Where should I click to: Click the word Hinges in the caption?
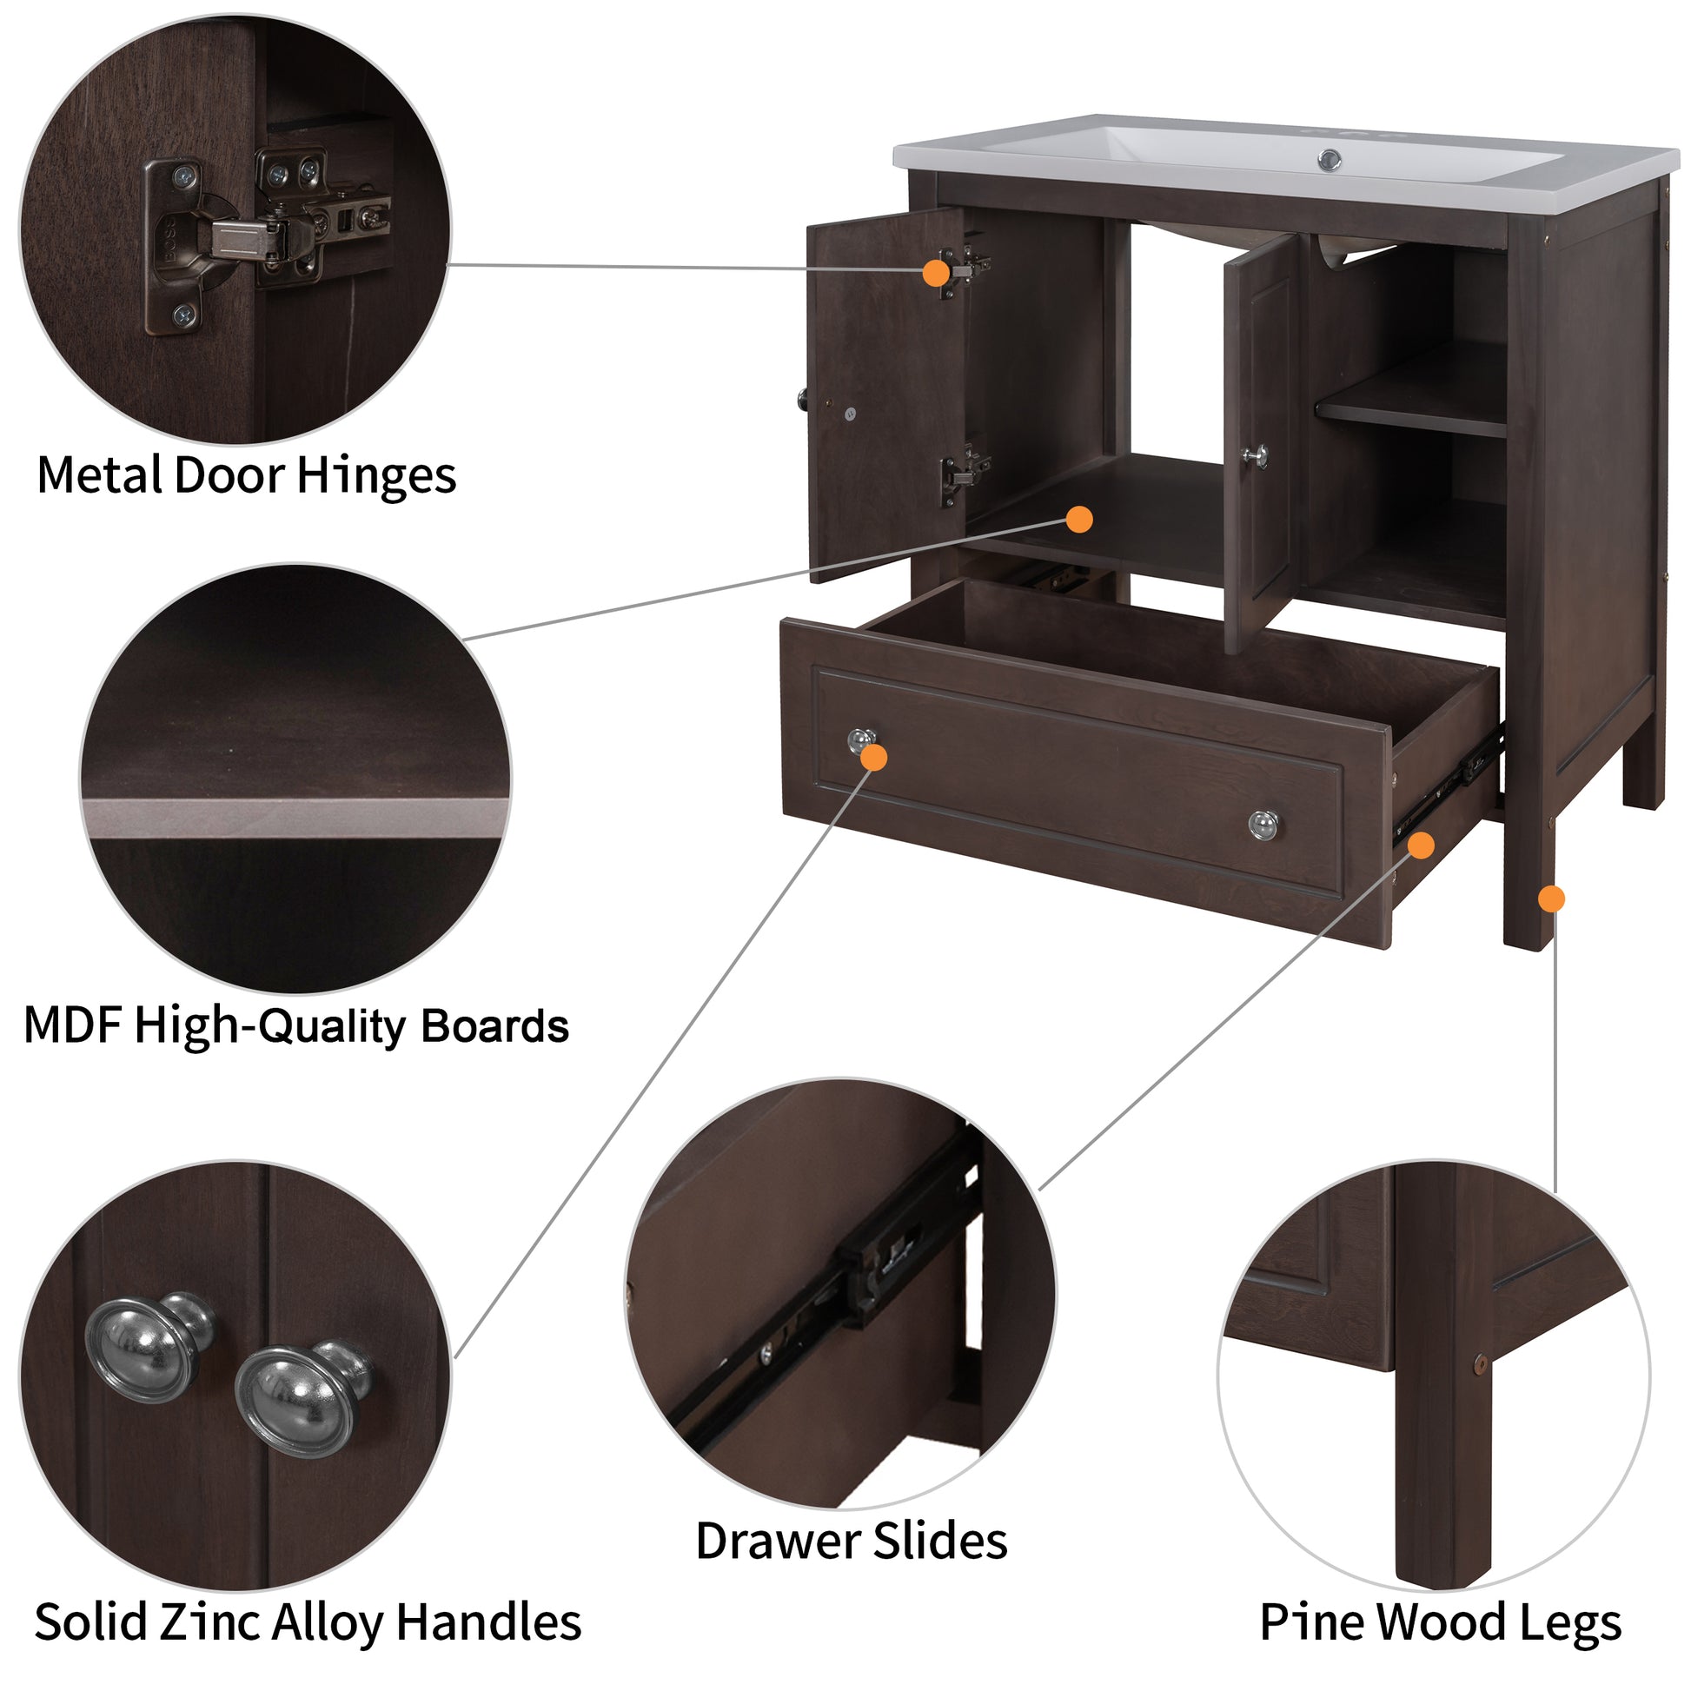tap(375, 477)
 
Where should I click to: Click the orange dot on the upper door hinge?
tap(936, 273)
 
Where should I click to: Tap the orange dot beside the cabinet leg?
tap(1551, 898)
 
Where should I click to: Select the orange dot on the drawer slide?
tap(1421, 845)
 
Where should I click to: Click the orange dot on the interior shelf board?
tap(1079, 519)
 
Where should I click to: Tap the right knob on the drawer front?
tap(1262, 824)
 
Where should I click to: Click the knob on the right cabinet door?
tap(1255, 456)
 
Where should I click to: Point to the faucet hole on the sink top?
tap(1330, 159)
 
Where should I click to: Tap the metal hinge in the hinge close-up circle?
tap(262, 236)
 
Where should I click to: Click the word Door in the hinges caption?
tap(229, 477)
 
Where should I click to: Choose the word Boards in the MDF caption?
tap(494, 1025)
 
